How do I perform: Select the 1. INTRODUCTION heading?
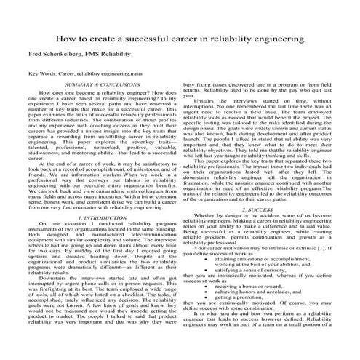pos(103,217)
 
